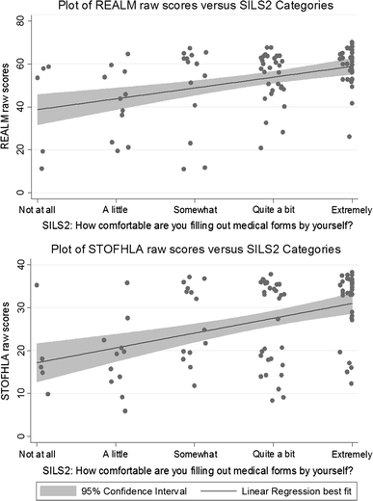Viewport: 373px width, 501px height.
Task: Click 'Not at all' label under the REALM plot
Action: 39,209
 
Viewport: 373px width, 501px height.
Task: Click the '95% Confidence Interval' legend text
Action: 125,489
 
